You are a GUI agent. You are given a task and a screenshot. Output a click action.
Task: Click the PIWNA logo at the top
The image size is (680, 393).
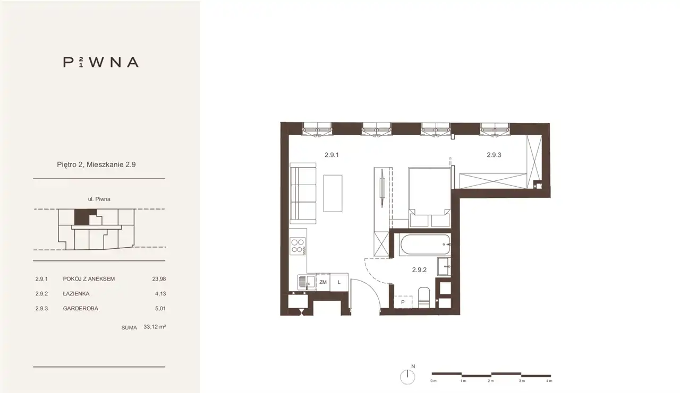101,62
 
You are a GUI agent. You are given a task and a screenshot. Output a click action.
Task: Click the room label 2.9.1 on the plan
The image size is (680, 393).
331,155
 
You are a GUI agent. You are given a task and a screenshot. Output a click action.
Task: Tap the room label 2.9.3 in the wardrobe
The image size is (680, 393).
494,155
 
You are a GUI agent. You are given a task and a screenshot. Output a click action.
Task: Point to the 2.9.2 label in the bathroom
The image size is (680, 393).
419,269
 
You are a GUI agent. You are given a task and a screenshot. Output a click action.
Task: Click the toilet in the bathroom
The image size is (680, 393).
424,298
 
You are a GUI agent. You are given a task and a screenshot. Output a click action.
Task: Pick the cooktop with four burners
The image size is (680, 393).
298,246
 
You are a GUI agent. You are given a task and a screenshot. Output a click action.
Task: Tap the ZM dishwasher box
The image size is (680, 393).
323,282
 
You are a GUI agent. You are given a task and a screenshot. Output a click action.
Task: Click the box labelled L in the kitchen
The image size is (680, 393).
339,282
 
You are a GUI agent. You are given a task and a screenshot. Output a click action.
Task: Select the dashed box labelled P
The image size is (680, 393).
403,302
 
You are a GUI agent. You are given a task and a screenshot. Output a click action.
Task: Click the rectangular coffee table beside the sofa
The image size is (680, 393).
333,194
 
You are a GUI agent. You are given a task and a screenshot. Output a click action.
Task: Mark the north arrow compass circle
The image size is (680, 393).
407,377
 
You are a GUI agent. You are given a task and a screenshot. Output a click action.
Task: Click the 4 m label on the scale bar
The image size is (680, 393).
549,381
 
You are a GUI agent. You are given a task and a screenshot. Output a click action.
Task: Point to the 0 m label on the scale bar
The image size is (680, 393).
433,381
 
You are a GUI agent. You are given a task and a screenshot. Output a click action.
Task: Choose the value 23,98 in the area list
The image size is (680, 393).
159,279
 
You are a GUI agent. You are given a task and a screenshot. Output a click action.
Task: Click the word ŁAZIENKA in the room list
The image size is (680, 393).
76,294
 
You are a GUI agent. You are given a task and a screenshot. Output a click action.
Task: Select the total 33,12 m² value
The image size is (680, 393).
155,327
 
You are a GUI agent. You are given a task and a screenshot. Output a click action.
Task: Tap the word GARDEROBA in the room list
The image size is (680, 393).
80,309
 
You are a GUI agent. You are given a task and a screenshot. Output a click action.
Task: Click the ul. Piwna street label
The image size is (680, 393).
99,199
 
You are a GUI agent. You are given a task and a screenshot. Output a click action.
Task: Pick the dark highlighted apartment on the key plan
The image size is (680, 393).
82,217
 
